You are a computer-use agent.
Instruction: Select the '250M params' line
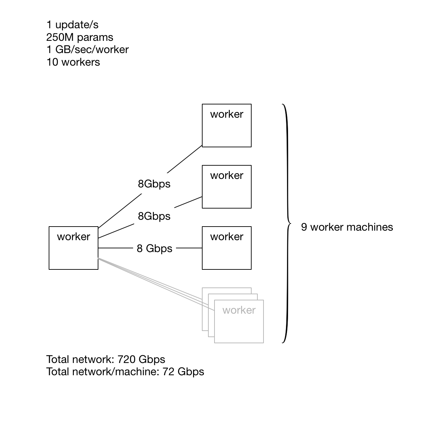point(80,37)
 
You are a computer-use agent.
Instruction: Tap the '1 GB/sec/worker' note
point(87,50)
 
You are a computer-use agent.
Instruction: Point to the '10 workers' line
point(73,62)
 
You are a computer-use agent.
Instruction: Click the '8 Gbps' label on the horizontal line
point(155,249)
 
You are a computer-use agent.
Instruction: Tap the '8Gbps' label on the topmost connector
point(154,184)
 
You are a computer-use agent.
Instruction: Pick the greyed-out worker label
point(239,310)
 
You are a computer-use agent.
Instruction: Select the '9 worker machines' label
point(347,227)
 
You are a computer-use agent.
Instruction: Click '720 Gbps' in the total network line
point(141,360)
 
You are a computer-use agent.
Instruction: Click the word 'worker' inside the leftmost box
point(74,237)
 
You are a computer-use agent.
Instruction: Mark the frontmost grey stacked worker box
point(239,327)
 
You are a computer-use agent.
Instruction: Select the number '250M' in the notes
point(59,37)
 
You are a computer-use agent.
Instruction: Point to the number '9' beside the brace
point(304,227)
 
